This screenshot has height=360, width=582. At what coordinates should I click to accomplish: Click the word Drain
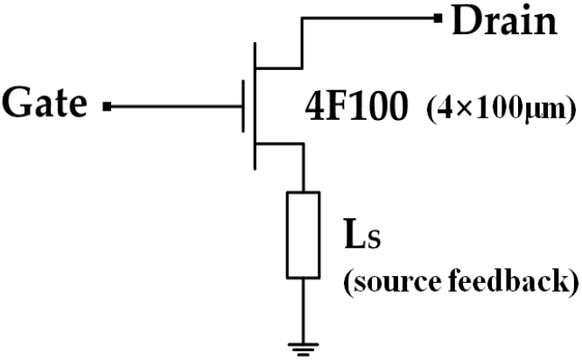pyautogui.click(x=505, y=21)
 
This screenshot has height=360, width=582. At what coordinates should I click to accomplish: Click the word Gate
pyautogui.click(x=45, y=102)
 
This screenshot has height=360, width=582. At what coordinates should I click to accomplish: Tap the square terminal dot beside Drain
pyautogui.click(x=438, y=18)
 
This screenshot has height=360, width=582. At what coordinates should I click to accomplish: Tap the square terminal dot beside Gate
pyautogui.click(x=108, y=107)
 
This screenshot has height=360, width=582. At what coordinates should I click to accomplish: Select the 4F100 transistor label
pyautogui.click(x=356, y=108)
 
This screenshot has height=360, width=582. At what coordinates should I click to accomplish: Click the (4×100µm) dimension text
pyautogui.click(x=501, y=110)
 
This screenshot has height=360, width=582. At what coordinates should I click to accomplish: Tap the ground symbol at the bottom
pyautogui.click(x=303, y=349)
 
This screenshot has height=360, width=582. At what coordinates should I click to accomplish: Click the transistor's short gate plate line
pyautogui.click(x=243, y=106)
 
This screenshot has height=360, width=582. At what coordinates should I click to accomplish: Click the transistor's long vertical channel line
pyautogui.click(x=255, y=106)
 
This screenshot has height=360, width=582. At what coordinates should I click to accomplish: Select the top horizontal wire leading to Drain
pyautogui.click(x=368, y=18)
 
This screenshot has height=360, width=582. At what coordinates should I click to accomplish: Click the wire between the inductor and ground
pyautogui.click(x=303, y=311)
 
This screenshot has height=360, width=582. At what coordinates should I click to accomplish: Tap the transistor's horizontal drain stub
pyautogui.click(x=279, y=68)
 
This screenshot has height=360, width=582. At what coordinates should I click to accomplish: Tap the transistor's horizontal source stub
pyautogui.click(x=280, y=144)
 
